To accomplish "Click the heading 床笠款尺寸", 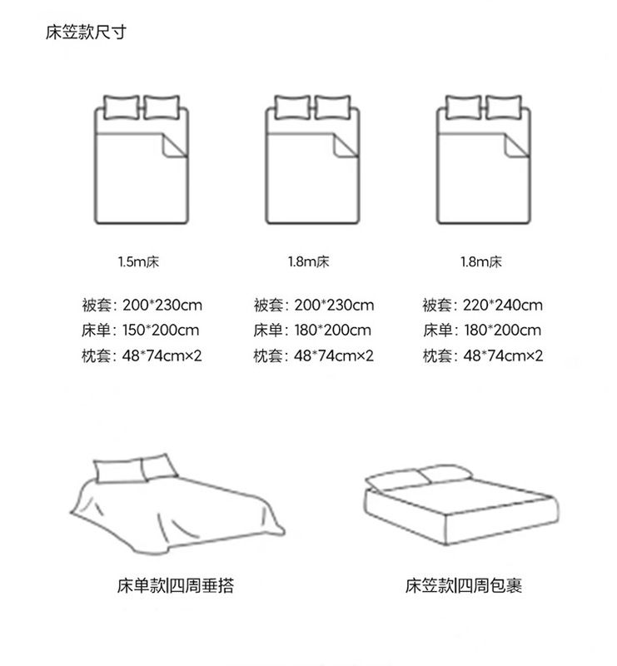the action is click(x=87, y=34).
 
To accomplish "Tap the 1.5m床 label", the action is click(x=139, y=262).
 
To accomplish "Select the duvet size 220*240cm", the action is click(x=502, y=306).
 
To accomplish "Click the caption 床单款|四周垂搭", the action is click(x=175, y=586).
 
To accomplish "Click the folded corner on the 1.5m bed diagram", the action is click(x=172, y=147).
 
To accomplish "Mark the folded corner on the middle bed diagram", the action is click(x=343, y=147).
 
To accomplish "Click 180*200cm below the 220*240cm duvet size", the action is click(x=501, y=331).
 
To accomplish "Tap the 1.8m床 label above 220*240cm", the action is click(x=481, y=262).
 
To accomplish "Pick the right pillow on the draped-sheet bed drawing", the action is click(x=157, y=466).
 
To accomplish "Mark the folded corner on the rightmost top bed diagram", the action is click(x=515, y=147).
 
